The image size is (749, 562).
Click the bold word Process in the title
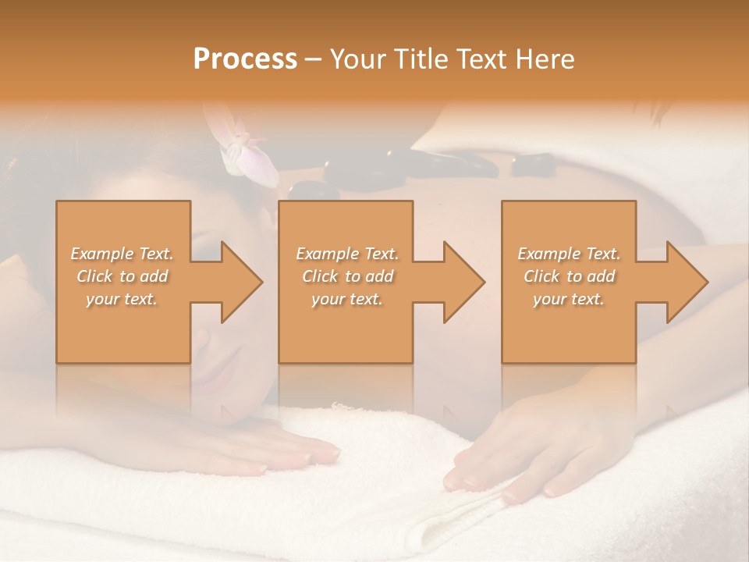[245, 59]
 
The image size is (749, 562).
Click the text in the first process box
[122, 276]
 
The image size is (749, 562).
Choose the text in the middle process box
[346, 276]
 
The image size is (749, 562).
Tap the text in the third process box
[568, 276]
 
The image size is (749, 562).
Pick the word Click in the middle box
[320, 276]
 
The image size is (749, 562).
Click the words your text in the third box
[568, 299]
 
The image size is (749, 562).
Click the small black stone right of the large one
[532, 163]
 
